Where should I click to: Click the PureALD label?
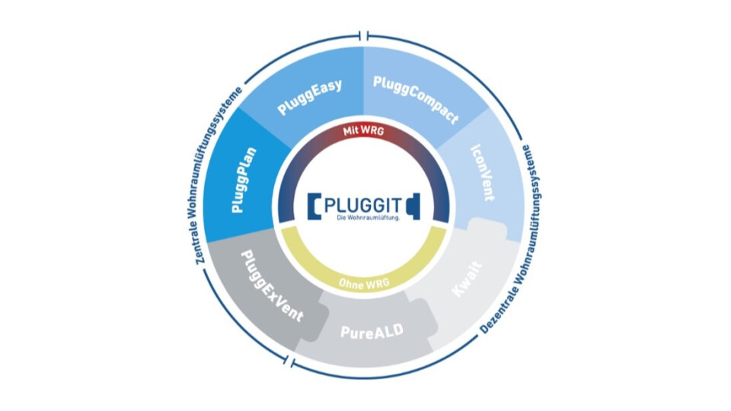(x=370, y=332)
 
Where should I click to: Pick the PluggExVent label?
(x=271, y=285)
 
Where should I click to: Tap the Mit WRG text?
(x=365, y=132)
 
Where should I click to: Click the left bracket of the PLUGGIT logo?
(x=314, y=206)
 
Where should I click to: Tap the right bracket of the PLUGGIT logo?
(x=414, y=206)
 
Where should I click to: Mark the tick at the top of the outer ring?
(x=366, y=35)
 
